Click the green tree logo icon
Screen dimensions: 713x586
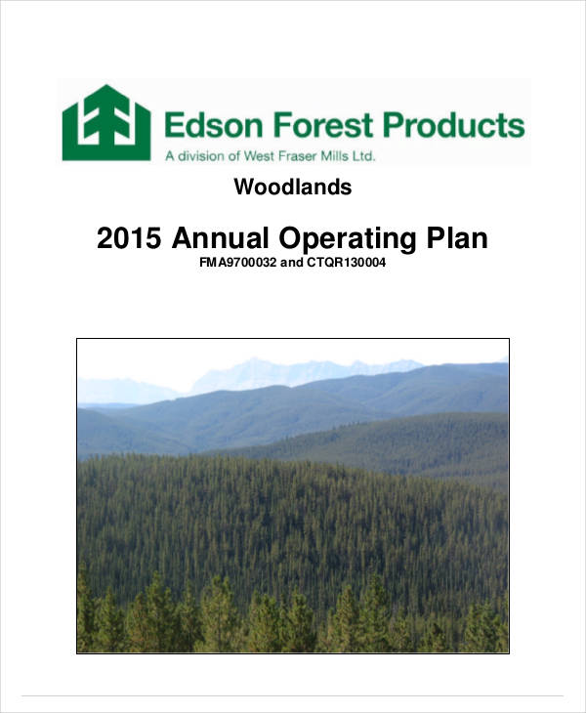click(105, 122)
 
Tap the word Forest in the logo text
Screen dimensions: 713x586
click(317, 126)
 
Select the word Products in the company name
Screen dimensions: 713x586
click(454, 126)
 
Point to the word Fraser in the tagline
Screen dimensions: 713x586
click(292, 155)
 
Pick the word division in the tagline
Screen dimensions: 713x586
click(201, 155)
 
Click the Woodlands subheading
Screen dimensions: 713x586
click(292, 187)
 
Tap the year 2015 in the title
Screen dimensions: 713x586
click(130, 239)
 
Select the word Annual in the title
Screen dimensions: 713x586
click(223, 239)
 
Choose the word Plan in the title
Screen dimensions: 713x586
click(458, 239)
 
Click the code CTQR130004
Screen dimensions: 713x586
click(346, 263)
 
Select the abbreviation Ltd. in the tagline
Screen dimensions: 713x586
click(363, 155)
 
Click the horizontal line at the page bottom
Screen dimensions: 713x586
click(292, 695)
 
